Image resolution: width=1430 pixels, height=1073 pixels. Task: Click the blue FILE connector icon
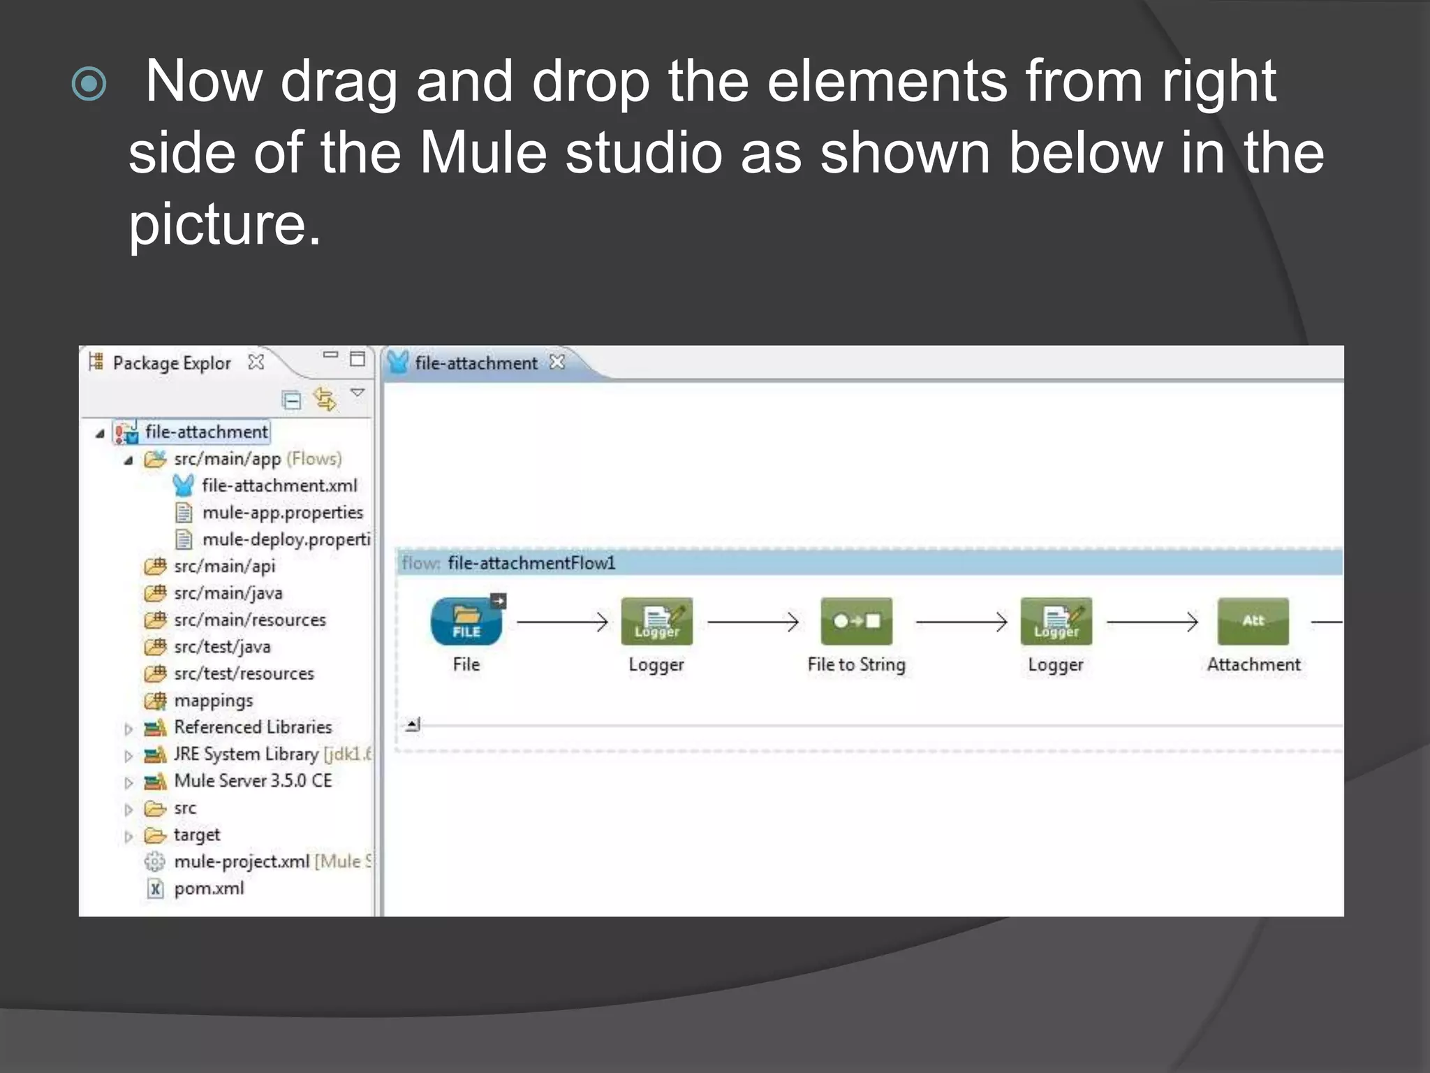pos(466,621)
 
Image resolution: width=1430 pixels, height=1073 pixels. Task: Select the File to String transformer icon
pos(856,621)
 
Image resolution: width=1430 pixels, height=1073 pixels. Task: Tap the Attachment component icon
pos(1253,621)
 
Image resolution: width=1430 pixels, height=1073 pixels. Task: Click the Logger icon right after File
pos(656,621)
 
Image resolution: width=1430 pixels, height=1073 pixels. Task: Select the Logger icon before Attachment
pos(1056,621)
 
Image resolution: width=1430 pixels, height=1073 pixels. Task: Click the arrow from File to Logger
pos(562,621)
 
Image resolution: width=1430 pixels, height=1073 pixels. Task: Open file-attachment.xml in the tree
pos(279,486)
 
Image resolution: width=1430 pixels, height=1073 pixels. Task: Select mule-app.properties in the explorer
pos(282,513)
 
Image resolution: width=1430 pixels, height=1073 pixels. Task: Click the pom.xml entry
pos(209,889)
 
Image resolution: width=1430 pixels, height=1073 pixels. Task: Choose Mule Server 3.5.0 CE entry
pos(253,781)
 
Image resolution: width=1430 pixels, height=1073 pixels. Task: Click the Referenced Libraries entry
pos(253,727)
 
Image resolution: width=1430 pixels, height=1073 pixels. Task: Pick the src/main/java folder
pos(228,593)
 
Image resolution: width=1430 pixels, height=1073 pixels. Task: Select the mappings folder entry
pos(213,701)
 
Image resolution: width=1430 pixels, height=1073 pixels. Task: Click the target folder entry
pos(196,835)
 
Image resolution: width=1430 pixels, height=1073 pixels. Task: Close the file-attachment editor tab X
pos(556,362)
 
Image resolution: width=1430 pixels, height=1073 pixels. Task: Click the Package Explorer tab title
pos(171,363)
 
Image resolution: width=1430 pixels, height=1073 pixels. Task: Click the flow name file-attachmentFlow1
pos(531,563)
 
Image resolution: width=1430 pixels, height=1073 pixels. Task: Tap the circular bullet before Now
pos(89,85)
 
